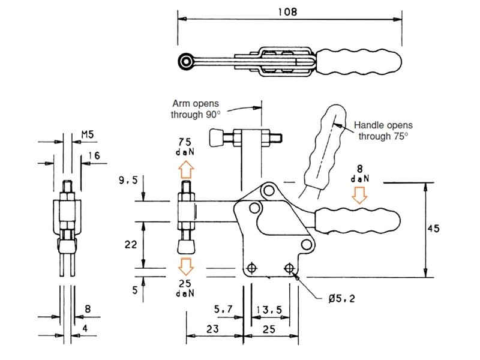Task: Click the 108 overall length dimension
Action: click(x=287, y=11)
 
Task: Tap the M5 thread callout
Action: click(x=88, y=134)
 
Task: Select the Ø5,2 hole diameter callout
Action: click(x=342, y=298)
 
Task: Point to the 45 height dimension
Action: click(x=433, y=229)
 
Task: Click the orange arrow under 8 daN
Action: click(x=359, y=195)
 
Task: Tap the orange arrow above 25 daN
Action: click(x=186, y=266)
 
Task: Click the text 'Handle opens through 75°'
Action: click(x=383, y=130)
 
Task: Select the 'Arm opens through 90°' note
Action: click(x=196, y=109)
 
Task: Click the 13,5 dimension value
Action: click(x=269, y=310)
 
